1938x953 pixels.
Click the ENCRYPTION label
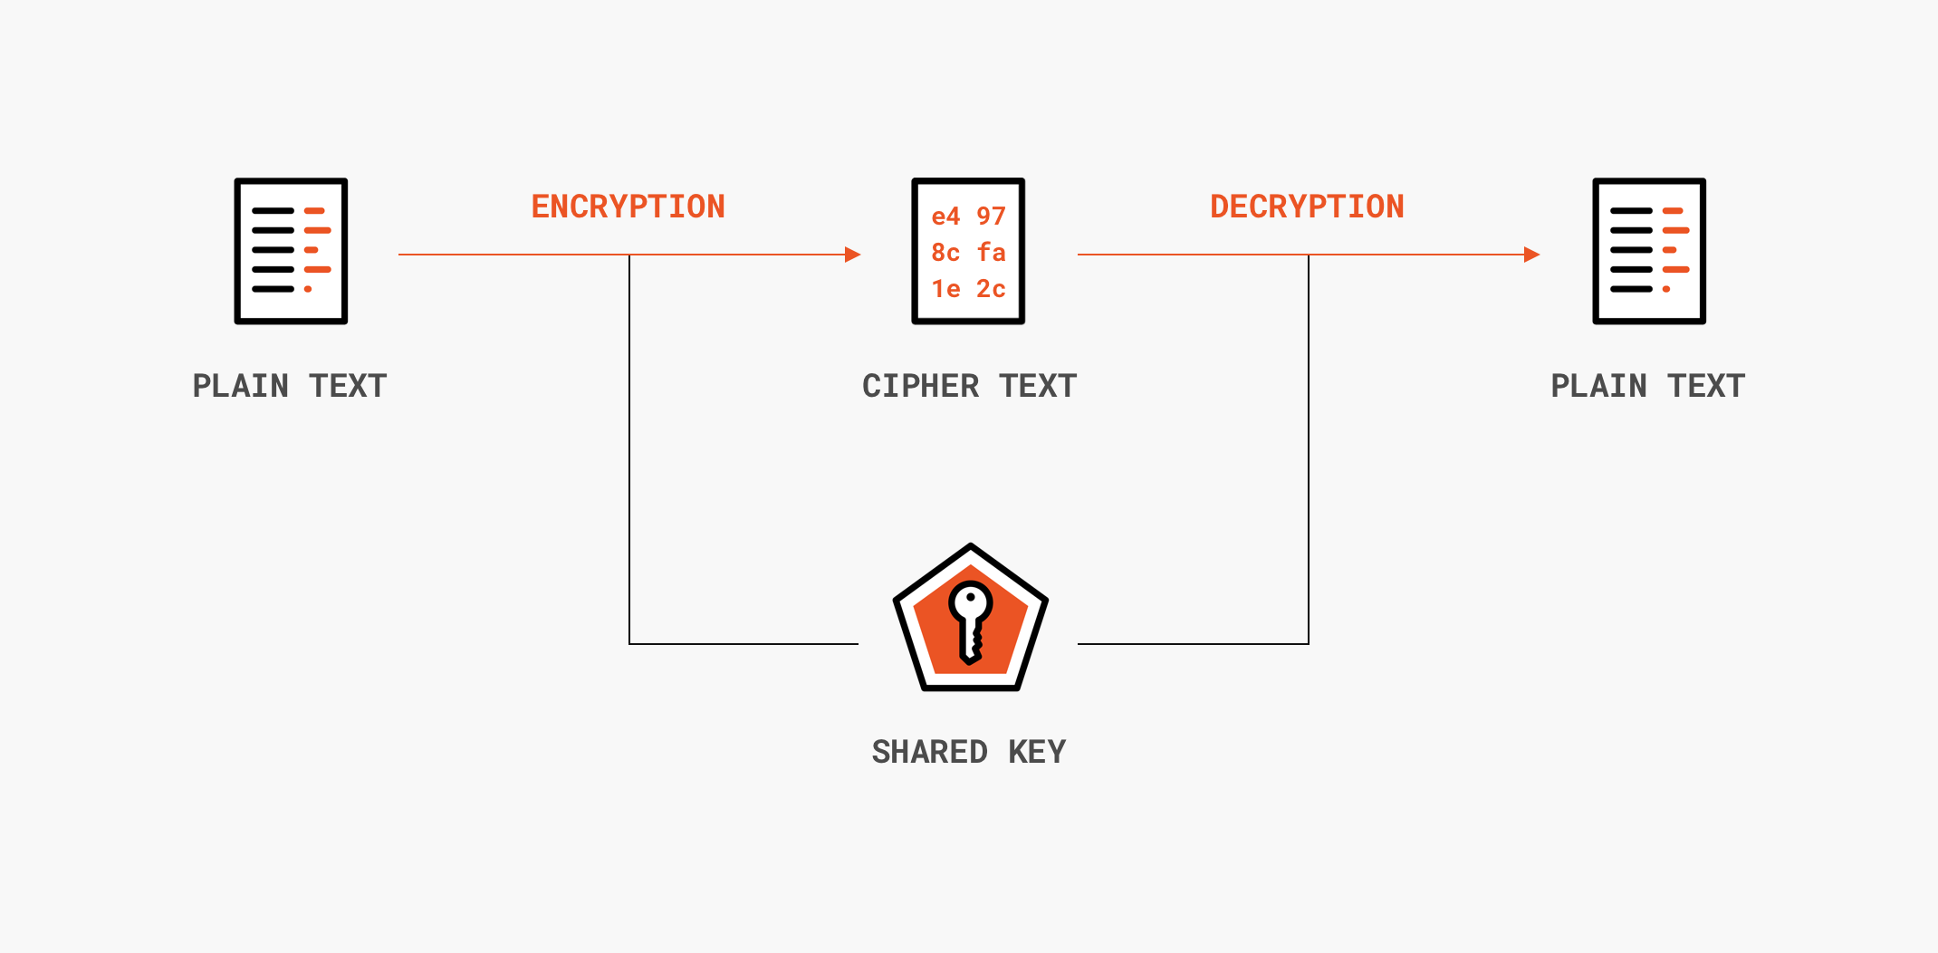coord(628,207)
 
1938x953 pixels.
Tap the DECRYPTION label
coord(1307,207)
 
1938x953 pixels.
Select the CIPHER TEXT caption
coord(969,386)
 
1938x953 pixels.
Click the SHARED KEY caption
coord(969,752)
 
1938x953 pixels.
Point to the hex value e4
coord(945,217)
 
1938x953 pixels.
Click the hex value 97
coord(991,217)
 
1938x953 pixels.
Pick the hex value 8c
coord(945,253)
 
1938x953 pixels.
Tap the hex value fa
coord(991,253)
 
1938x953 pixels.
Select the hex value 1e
coord(945,289)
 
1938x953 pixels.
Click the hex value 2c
coord(991,289)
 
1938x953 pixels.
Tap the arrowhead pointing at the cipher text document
coord(852,255)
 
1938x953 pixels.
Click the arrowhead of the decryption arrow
coord(1531,255)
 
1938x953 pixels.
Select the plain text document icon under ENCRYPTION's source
coord(291,251)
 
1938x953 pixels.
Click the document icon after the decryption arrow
coord(1649,251)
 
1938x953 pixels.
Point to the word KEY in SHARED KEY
coord(1037,752)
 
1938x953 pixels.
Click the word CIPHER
coord(920,386)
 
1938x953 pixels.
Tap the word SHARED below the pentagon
coord(929,752)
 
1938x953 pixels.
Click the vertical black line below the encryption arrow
coord(629,453)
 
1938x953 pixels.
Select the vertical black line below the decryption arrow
coord(1309,453)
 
